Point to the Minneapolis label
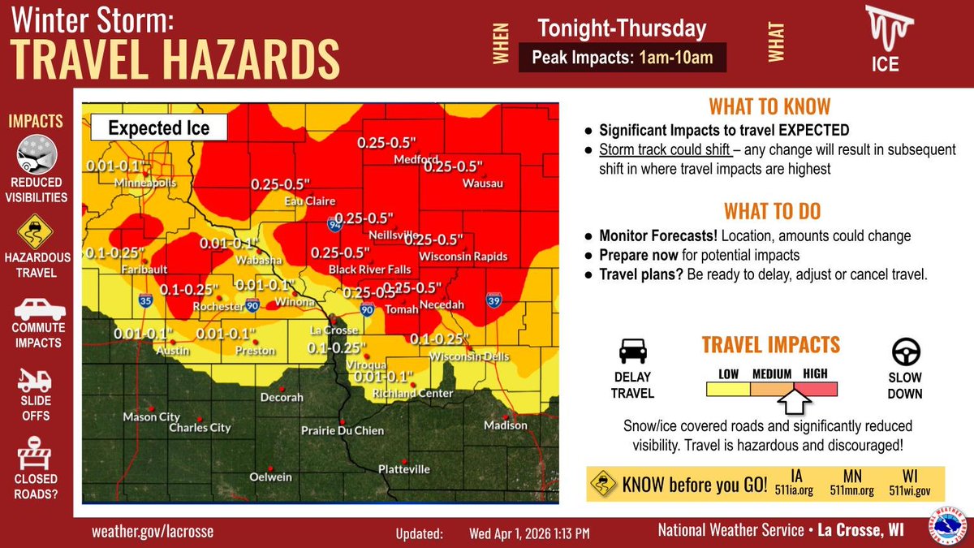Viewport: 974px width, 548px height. (145, 183)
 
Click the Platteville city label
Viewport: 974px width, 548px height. (404, 469)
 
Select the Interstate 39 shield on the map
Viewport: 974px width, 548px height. (493, 299)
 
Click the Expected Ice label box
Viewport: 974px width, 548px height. (158, 128)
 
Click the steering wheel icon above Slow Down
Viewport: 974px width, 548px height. (904, 353)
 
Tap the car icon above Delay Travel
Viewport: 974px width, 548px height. (633, 352)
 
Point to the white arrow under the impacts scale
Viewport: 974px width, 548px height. (792, 401)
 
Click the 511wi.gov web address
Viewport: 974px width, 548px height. (911, 490)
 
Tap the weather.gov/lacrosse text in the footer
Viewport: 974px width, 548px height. (153, 531)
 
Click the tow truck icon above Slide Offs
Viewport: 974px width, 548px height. (36, 379)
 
